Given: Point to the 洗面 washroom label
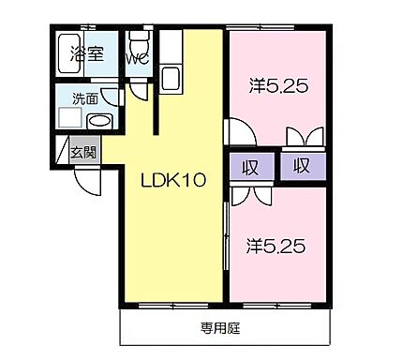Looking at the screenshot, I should pyautogui.click(x=72, y=97).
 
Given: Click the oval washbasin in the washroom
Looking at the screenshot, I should pyautogui.click(x=98, y=120).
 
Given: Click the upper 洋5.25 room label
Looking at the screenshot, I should pyautogui.click(x=278, y=87).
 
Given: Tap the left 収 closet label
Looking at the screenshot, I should pyautogui.click(x=250, y=167).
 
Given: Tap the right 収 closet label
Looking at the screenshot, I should pyautogui.click(x=301, y=167).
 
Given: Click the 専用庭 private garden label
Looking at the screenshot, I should pyautogui.click(x=221, y=328).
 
